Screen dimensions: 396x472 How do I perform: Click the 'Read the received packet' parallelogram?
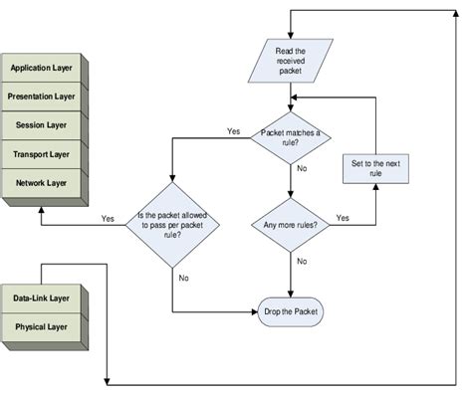pyautogui.click(x=290, y=59)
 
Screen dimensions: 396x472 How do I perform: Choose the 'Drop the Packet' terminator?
pyautogui.click(x=291, y=312)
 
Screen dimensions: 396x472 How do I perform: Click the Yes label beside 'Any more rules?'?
pyautogui.click(x=343, y=217)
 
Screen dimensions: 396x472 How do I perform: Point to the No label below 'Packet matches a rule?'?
pyautogui.click(x=302, y=169)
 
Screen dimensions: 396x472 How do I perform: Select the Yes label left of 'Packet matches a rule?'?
pyautogui.click(x=233, y=130)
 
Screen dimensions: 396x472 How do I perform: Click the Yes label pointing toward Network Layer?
pyautogui.click(x=108, y=218)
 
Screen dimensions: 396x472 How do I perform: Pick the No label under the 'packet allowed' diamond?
pyautogui.click(x=183, y=278)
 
